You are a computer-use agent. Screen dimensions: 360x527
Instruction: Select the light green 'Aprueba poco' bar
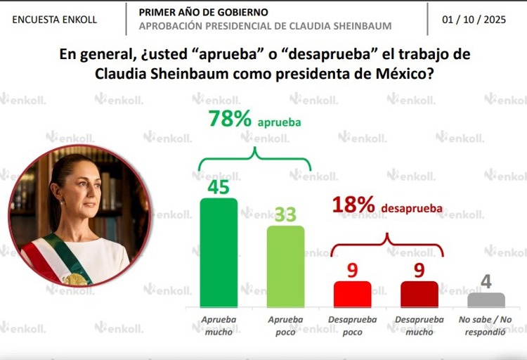pos(285,266)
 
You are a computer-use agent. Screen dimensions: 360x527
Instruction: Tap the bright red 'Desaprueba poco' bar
pos(352,294)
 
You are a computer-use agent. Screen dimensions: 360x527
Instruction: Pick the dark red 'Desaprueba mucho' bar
pos(419,294)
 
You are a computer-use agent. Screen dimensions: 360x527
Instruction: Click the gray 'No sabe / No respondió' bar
pos(486,300)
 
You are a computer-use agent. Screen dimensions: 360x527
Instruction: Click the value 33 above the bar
pos(285,214)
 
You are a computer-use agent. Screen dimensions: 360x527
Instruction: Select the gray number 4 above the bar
pos(486,283)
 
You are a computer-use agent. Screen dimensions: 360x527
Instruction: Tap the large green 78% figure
pos(230,119)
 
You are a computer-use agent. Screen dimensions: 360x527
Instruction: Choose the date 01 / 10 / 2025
pos(475,19)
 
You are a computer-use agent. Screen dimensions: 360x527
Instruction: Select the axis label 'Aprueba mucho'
pos(219,326)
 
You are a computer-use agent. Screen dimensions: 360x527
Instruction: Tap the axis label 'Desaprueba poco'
pos(352,326)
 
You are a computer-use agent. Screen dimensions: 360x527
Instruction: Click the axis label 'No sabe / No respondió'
pos(486,326)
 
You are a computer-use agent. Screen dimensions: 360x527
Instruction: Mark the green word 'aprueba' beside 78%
pos(279,122)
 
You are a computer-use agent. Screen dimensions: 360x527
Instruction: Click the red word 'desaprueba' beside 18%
pos(412,209)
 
